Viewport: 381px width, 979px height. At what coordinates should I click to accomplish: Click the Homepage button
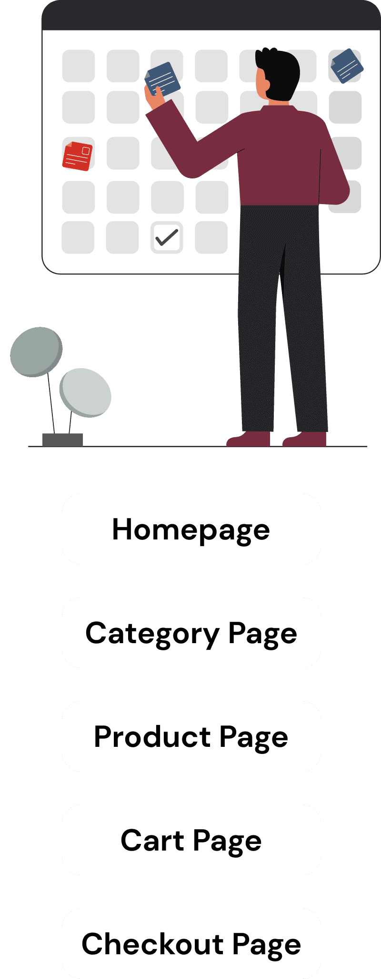[191, 529]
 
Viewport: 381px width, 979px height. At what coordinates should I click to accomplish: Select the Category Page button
[191, 633]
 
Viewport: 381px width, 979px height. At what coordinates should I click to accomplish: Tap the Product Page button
[191, 736]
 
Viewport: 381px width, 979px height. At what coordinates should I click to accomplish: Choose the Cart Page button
[191, 840]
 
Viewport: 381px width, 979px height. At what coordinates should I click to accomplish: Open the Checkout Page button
[191, 944]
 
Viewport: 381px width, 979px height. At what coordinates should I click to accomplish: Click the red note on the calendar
[77, 156]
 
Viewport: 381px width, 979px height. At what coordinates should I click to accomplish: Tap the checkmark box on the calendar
[167, 237]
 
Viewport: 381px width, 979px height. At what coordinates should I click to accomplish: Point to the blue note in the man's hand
[163, 78]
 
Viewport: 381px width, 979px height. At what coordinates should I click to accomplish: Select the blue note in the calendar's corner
[347, 66]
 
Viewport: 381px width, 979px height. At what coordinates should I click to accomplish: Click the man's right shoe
[306, 439]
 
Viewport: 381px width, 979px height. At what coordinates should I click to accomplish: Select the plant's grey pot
[62, 440]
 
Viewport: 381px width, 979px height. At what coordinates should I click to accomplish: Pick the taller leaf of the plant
[36, 352]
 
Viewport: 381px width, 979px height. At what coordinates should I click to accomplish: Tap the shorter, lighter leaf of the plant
[86, 392]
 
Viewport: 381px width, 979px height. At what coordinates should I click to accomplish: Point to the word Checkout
[153, 944]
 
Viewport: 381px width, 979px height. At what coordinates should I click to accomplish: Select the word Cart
[152, 840]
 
